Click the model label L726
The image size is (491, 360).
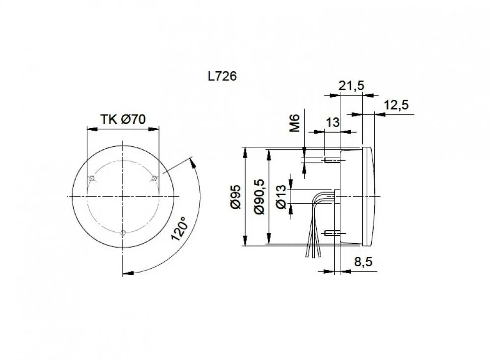coord(222,77)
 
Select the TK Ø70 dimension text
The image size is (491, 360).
coord(123,119)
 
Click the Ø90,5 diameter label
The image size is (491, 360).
coord(260,197)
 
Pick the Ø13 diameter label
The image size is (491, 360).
coord(281,197)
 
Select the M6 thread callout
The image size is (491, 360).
coord(294,122)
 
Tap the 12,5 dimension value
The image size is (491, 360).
coord(396,105)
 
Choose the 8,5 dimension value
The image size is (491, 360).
coord(363,262)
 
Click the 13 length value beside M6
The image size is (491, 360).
coord(332,123)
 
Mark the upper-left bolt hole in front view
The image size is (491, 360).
coord(91,178)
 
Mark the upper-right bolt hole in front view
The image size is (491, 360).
coord(154,178)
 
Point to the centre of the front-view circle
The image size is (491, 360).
coord(123,196)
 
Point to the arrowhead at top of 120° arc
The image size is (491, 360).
coord(192,160)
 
